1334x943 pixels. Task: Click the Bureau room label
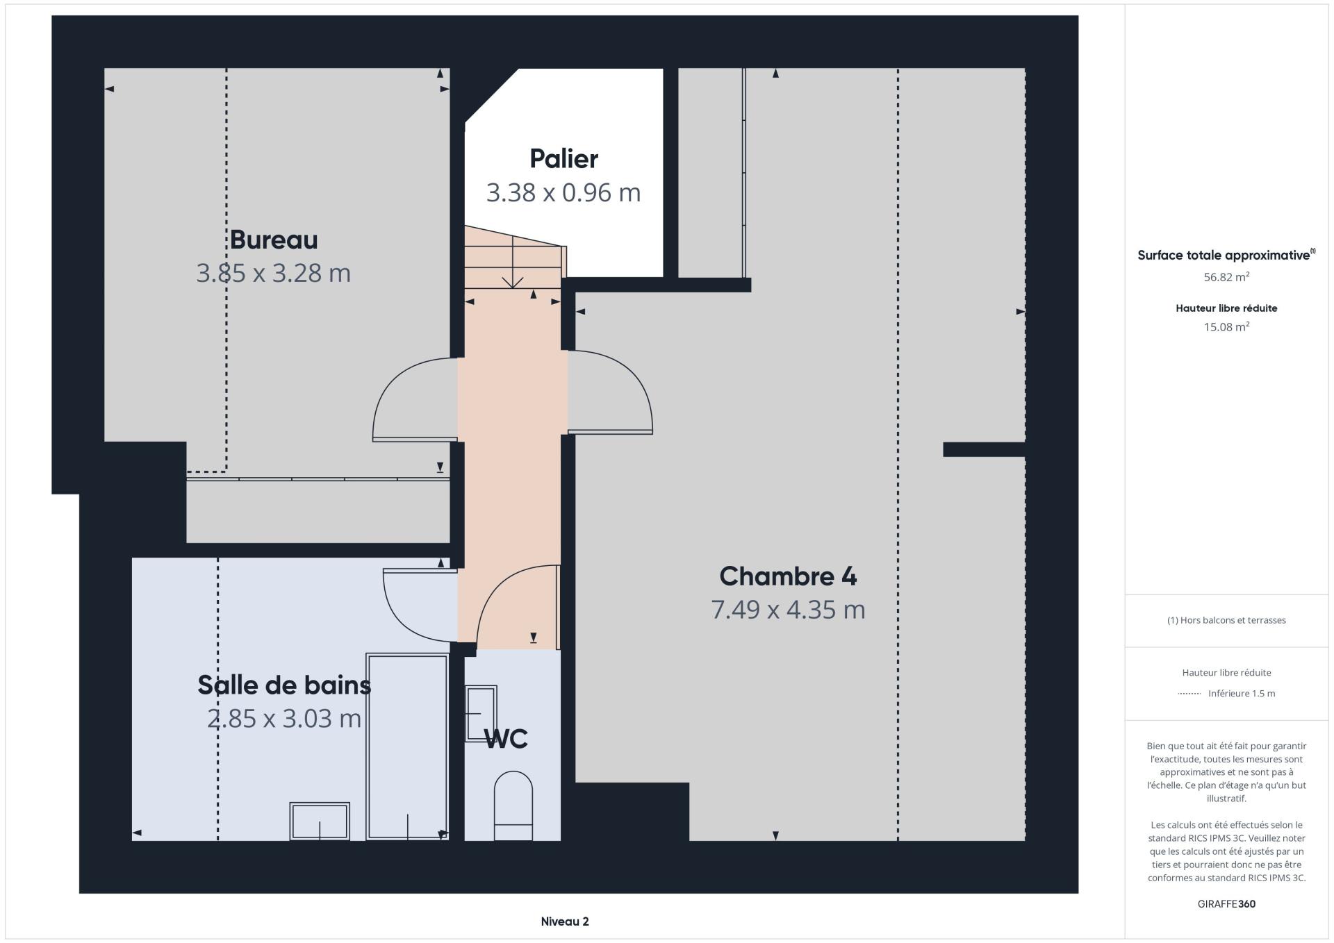coord(274,240)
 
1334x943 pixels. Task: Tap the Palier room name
coord(563,159)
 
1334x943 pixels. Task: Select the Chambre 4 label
coord(788,576)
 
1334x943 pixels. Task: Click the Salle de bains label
coord(284,685)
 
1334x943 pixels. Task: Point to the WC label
coord(507,739)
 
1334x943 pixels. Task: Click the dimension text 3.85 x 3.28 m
coord(274,273)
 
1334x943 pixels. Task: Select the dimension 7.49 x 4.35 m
coord(788,610)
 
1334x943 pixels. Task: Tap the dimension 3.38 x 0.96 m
coord(563,192)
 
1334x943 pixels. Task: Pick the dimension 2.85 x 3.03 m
coord(284,718)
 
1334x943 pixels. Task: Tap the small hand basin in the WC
coord(481,713)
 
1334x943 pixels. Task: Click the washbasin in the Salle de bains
coord(320,821)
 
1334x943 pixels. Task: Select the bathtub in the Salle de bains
coord(407,746)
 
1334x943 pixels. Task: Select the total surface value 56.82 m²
coord(1226,277)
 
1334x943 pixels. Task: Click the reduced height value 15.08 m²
coord(1226,327)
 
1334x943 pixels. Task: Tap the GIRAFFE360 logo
coord(1226,904)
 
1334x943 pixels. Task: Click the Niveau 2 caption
coord(565,921)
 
